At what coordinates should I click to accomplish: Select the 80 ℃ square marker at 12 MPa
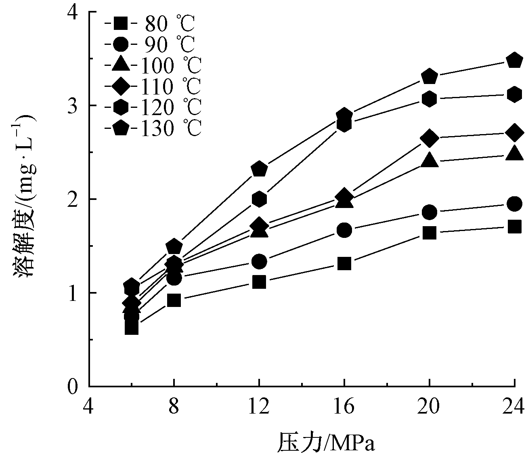[x=259, y=282]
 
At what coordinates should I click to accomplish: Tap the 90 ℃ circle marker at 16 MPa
[x=344, y=230]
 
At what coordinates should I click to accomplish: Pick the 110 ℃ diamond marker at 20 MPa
[x=429, y=138]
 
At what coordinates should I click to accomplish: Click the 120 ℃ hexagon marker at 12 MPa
[x=259, y=199]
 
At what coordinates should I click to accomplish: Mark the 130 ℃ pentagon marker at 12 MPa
[x=259, y=169]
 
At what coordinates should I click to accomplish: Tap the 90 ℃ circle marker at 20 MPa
[x=429, y=212]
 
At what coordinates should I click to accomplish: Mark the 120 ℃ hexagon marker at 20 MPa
[x=429, y=99]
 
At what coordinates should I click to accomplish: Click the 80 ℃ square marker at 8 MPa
[x=174, y=300]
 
